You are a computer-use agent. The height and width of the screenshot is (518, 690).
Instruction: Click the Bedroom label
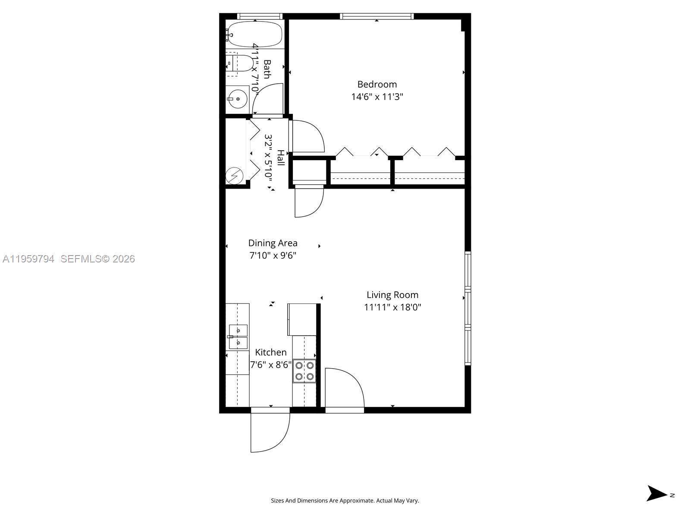pyautogui.click(x=377, y=84)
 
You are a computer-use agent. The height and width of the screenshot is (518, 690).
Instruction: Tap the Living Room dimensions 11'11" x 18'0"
pyautogui.click(x=392, y=307)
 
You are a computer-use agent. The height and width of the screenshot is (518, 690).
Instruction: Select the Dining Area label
pyautogui.click(x=273, y=243)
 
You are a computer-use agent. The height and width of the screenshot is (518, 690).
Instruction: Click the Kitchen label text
pyautogui.click(x=271, y=352)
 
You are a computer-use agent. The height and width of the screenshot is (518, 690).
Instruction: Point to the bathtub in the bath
pyautogui.click(x=254, y=34)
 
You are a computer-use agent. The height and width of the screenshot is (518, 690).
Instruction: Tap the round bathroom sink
pyautogui.click(x=237, y=99)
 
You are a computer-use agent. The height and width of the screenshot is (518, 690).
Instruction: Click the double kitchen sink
pyautogui.click(x=238, y=337)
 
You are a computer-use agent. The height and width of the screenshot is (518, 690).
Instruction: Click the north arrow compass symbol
pyautogui.click(x=658, y=493)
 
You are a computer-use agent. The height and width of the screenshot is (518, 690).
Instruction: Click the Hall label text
pyautogui.click(x=280, y=158)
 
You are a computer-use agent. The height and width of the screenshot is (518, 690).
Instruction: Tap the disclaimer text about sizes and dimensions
pyautogui.click(x=345, y=501)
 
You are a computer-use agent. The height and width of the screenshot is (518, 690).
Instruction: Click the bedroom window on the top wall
pyautogui.click(x=376, y=16)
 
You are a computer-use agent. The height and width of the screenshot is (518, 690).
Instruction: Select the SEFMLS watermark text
pyautogui.click(x=97, y=259)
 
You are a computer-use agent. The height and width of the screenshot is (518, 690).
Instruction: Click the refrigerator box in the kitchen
pyautogui.click(x=302, y=319)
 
